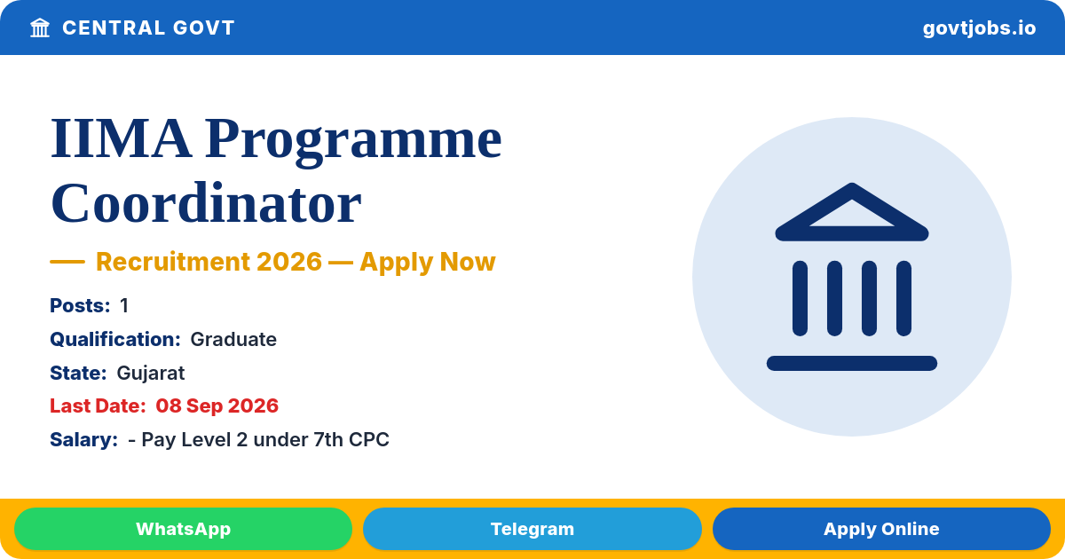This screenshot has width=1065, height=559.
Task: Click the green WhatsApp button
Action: click(x=183, y=529)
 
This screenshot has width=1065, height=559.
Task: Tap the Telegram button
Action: click(x=532, y=529)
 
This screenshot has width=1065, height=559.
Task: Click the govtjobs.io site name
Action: click(x=979, y=28)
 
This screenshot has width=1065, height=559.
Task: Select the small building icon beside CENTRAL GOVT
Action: click(x=40, y=28)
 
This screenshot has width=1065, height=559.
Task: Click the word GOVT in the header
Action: click(x=204, y=28)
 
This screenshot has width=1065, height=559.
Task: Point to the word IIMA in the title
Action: click(x=122, y=138)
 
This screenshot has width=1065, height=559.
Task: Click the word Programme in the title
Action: click(x=353, y=141)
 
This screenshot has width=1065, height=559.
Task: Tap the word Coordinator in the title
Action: click(x=206, y=203)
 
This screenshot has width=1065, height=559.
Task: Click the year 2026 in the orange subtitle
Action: click(x=289, y=262)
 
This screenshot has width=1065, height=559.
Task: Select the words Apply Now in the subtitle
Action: click(x=428, y=263)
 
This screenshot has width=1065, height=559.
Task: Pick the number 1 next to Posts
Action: click(x=124, y=305)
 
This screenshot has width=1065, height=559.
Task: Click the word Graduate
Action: click(x=233, y=339)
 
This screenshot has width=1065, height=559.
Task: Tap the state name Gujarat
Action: click(x=151, y=374)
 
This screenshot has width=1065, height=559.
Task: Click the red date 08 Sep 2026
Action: click(x=217, y=406)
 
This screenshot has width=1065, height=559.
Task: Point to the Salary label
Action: click(x=83, y=440)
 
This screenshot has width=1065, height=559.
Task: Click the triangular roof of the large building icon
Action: click(x=851, y=190)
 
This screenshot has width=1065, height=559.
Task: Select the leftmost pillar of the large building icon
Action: click(x=800, y=298)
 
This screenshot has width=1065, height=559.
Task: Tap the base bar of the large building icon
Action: click(x=851, y=363)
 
